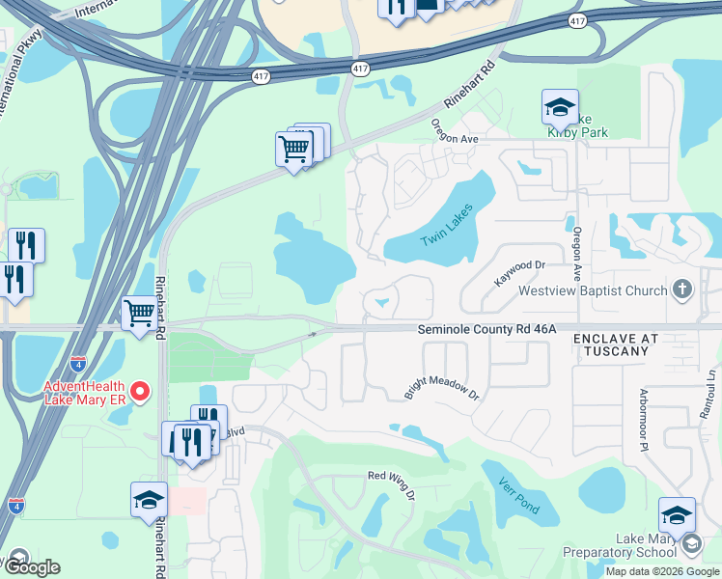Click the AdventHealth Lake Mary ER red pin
click(140, 392)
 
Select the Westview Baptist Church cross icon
click(682, 289)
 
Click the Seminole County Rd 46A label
click(487, 329)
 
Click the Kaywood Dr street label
click(520, 271)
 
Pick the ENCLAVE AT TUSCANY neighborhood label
click(616, 345)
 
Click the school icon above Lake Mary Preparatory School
click(677, 516)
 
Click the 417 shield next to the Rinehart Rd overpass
click(360, 69)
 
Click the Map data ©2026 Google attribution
click(662, 571)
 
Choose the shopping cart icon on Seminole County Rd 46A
click(140, 314)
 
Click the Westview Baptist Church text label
click(593, 290)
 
